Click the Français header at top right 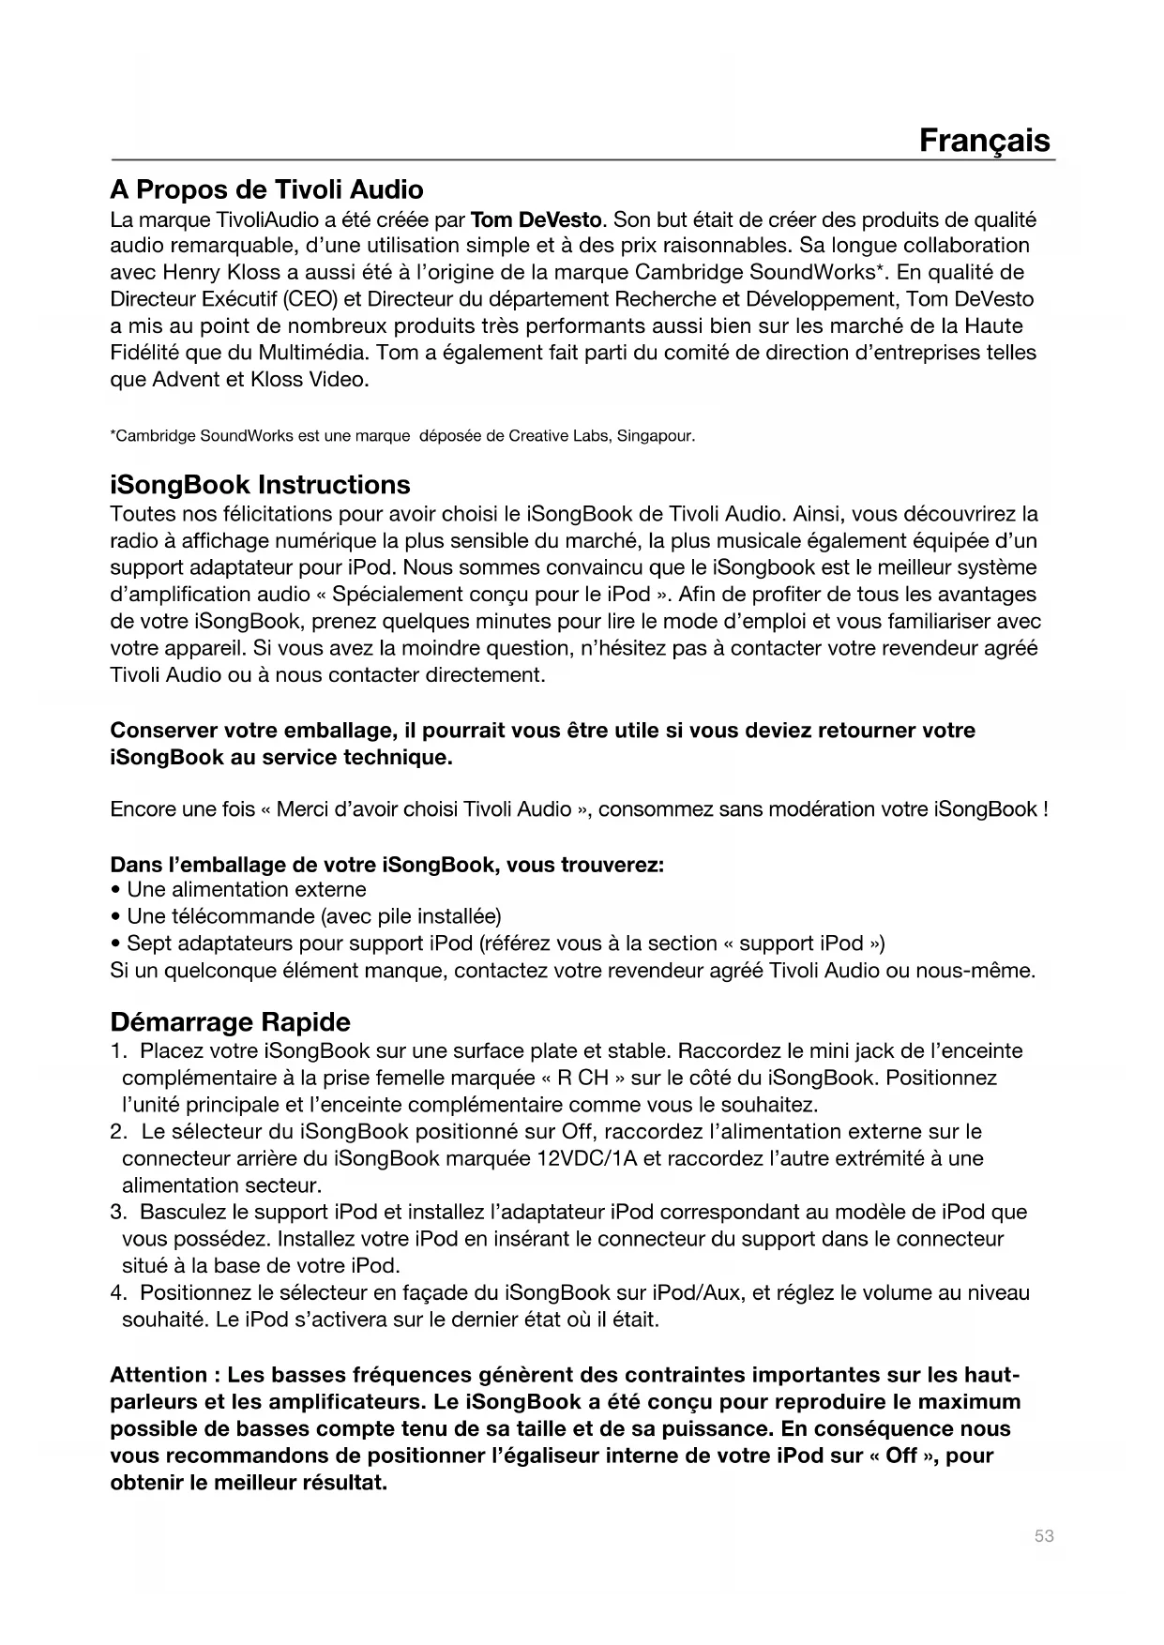click(x=984, y=141)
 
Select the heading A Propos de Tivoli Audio click(x=266, y=190)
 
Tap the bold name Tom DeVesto click(x=535, y=220)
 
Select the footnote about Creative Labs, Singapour click(x=402, y=436)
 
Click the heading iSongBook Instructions click(x=260, y=485)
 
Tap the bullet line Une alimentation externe click(x=246, y=889)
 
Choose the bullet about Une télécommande click(x=313, y=916)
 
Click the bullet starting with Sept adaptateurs click(x=497, y=943)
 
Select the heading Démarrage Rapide click(x=230, y=1021)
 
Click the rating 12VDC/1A click(x=586, y=1159)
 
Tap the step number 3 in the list click(x=117, y=1213)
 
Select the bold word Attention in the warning click(x=159, y=1375)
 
